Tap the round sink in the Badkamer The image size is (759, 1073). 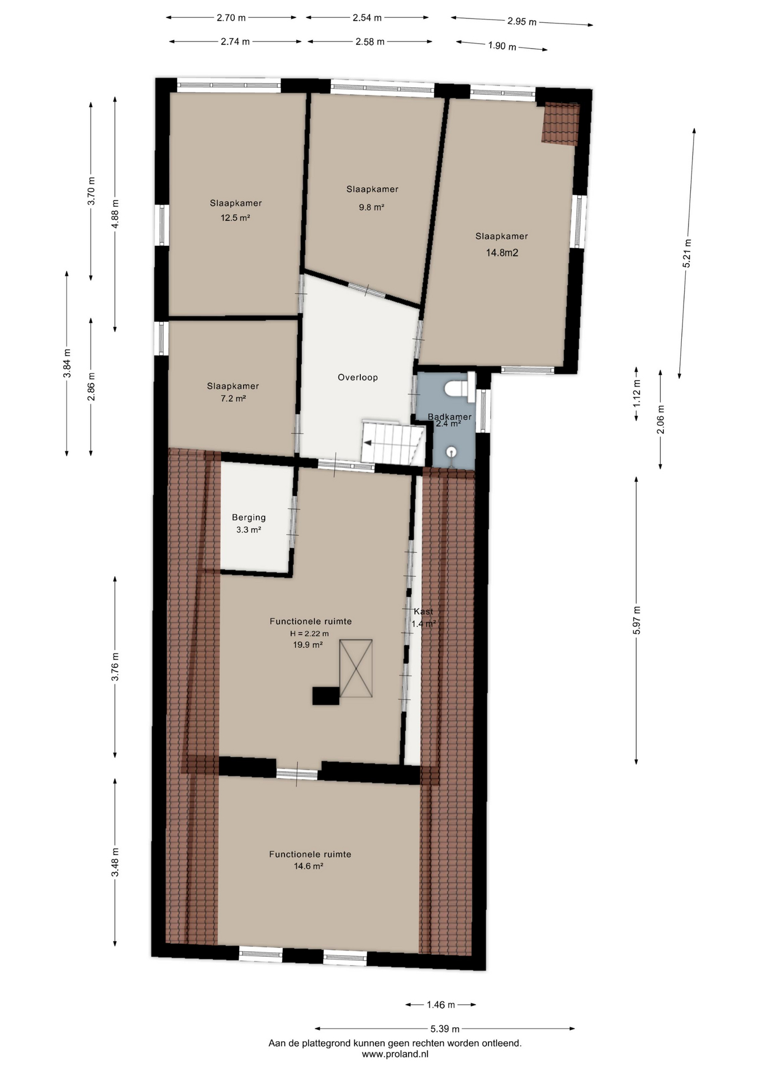(452, 452)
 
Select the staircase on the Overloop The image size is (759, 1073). (393, 443)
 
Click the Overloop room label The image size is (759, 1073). (358, 377)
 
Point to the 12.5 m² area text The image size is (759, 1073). (235, 217)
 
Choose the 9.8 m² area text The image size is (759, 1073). (372, 207)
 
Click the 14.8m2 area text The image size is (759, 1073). (502, 253)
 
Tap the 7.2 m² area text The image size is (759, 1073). (233, 398)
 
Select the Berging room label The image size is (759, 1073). (249, 517)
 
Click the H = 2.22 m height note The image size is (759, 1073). (310, 633)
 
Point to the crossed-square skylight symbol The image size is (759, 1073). (356, 668)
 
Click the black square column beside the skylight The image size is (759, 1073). (325, 696)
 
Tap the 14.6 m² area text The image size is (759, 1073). (309, 866)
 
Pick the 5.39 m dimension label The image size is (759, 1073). (445, 1028)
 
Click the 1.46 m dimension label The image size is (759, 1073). (440, 1004)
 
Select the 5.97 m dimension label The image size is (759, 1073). (637, 620)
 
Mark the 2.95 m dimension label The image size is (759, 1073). (522, 21)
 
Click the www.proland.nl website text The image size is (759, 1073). (395, 1054)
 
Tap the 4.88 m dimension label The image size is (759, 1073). (115, 214)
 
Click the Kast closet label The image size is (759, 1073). (423, 611)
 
